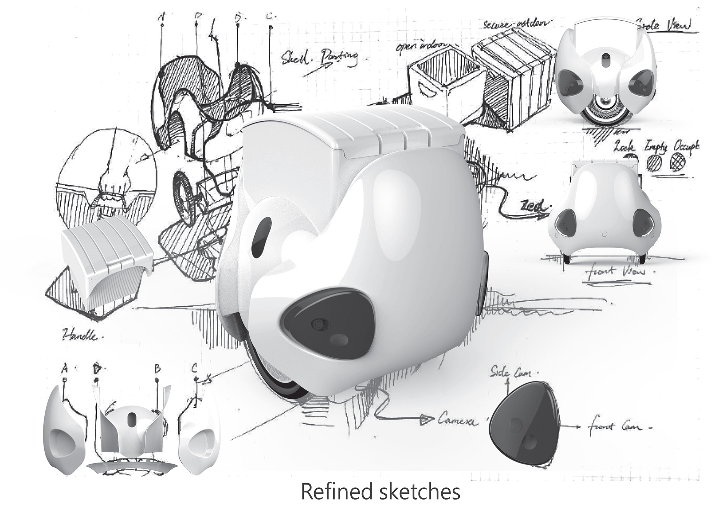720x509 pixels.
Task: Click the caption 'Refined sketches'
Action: [x=380, y=491]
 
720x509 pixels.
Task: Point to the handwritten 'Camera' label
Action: [x=457, y=420]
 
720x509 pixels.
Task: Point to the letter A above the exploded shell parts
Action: [x=64, y=369]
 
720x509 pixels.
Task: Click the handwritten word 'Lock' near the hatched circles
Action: [x=624, y=146]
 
